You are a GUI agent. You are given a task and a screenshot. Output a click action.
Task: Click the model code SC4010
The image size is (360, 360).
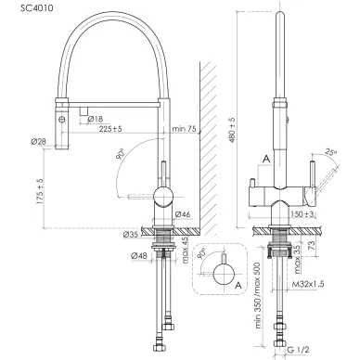coord(37,8)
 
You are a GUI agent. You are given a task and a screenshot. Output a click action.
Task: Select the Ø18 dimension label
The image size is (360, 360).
coord(96,119)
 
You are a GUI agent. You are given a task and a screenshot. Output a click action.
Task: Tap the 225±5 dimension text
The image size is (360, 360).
coord(110,129)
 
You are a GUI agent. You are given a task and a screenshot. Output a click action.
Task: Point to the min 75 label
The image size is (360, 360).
coord(184,129)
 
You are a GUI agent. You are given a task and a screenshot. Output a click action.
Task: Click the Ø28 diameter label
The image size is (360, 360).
coord(39,142)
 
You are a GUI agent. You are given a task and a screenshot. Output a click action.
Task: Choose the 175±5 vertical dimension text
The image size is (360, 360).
coord(40,191)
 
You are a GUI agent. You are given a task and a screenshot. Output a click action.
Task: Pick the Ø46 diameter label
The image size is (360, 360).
coord(183,214)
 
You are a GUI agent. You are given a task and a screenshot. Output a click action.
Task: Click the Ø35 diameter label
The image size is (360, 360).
coord(131,235)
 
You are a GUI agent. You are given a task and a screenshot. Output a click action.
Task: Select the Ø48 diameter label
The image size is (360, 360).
coord(139,256)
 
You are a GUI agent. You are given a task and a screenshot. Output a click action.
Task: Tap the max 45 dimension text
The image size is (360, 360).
coord(185,250)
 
